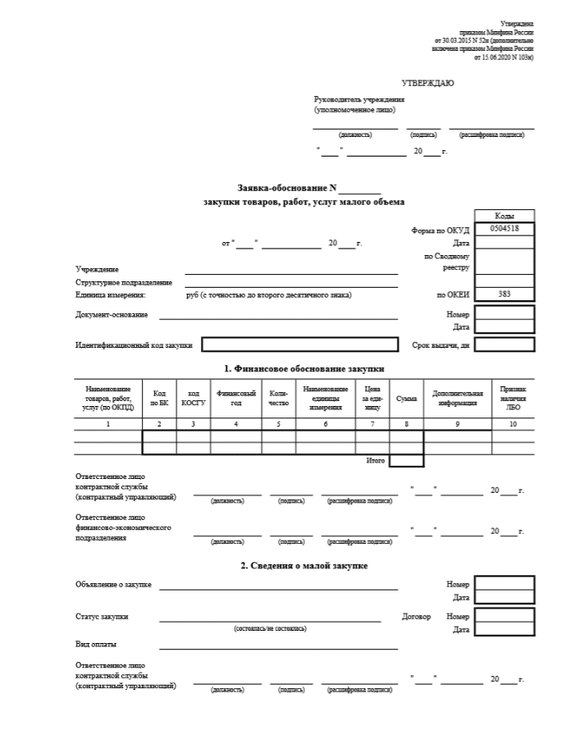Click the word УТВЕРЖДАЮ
coord(427,84)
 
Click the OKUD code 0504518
coord(504,229)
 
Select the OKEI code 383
coord(504,293)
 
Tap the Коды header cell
coord(504,215)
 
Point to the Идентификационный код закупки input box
coord(299,344)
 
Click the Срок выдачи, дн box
coord(504,344)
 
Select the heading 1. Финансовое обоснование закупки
coord(304,369)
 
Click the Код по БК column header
coord(159,398)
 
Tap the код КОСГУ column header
coord(193,398)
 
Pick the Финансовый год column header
coord(236,398)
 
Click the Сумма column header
coord(406,398)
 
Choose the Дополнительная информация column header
coord(458,398)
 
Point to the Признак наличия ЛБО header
coord(513,398)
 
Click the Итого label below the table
coord(376,461)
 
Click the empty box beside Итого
coord(406,461)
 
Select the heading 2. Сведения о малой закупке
coord(303,566)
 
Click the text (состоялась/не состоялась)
coord(270,628)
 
